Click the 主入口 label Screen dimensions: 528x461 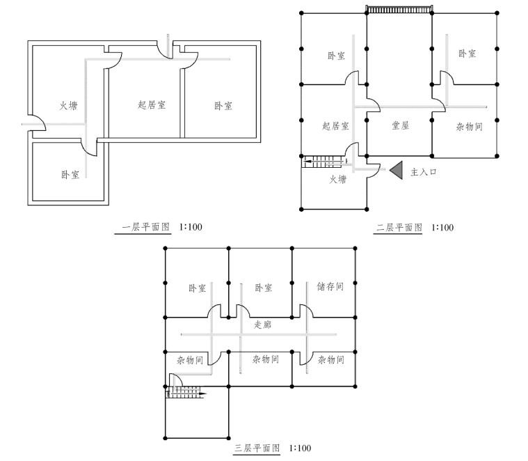click(424, 171)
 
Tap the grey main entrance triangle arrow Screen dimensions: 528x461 click(396, 170)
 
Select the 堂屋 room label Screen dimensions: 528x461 click(400, 125)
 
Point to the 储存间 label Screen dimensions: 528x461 click(330, 286)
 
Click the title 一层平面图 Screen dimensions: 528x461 click(145, 227)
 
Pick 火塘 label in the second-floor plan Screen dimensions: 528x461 click(337, 180)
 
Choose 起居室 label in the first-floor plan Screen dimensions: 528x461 click(152, 105)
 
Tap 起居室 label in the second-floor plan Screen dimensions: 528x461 click(335, 126)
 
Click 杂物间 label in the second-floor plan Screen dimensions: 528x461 click(469, 127)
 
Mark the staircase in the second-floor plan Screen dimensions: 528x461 click(323, 162)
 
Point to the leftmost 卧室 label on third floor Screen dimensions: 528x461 click(197, 288)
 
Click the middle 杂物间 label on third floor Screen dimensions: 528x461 click(265, 360)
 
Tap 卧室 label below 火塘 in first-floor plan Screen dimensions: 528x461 click(70, 174)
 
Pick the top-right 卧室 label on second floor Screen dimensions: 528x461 click(467, 53)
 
